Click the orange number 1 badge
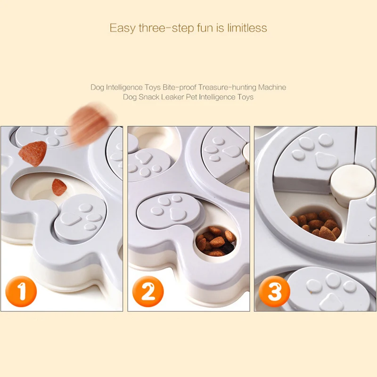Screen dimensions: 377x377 pos(21,291)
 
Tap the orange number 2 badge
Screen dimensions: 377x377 pos(148,291)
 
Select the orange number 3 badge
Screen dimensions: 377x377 pos(275,291)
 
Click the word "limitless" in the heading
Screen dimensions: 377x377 pos(247,28)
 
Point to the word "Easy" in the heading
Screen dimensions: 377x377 pos(123,28)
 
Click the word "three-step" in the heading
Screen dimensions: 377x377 pos(166,28)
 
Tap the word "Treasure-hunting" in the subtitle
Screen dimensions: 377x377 pos(227,87)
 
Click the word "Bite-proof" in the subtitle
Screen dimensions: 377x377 pos(180,87)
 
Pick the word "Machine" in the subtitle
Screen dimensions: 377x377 pos(272,87)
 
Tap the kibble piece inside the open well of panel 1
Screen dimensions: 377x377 pos(59,187)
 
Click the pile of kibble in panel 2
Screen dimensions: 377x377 pos(216,241)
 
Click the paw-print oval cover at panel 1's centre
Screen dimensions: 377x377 pos(80,219)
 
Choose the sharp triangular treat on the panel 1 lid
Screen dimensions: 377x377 pos(33,154)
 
